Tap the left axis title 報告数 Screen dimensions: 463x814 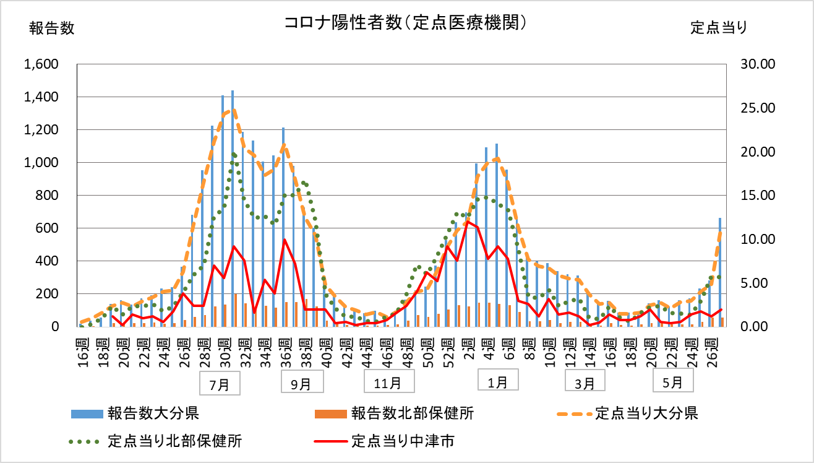tap(52, 28)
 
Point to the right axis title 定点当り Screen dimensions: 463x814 tap(719, 28)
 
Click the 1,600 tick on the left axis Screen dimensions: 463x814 tap(41, 64)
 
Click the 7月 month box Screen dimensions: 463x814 tap(220, 384)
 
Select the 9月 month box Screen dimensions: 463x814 tap(301, 384)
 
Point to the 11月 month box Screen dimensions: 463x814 tap(388, 383)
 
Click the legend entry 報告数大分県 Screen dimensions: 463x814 tap(152, 413)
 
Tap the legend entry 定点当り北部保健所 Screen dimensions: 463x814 tap(174, 441)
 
